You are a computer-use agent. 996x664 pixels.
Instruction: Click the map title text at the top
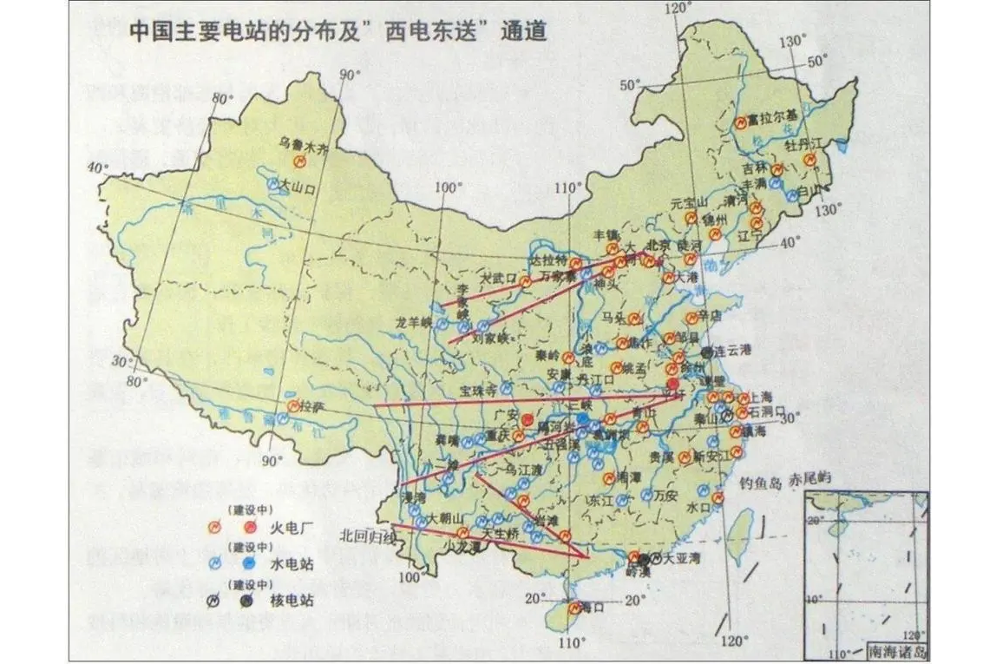(337, 33)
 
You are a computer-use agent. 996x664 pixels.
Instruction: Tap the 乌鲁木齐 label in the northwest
(305, 148)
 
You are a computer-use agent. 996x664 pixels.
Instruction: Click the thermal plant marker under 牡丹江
(809, 160)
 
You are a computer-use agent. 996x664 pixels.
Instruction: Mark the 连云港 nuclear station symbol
(708, 352)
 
